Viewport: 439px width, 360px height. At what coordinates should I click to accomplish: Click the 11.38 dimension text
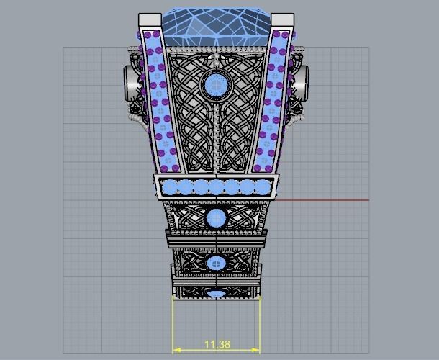[217, 345]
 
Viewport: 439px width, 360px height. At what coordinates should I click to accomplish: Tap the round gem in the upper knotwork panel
[215, 86]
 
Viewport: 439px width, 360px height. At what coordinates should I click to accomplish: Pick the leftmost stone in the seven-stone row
[170, 188]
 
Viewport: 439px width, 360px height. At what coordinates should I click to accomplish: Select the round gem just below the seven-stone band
[216, 217]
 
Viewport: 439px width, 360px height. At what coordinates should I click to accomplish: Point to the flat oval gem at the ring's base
[216, 293]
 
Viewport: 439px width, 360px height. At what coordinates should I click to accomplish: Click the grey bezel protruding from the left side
[130, 81]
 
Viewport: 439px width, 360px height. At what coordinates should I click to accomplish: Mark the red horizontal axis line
[324, 200]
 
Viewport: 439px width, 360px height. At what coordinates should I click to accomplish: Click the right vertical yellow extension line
[260, 320]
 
